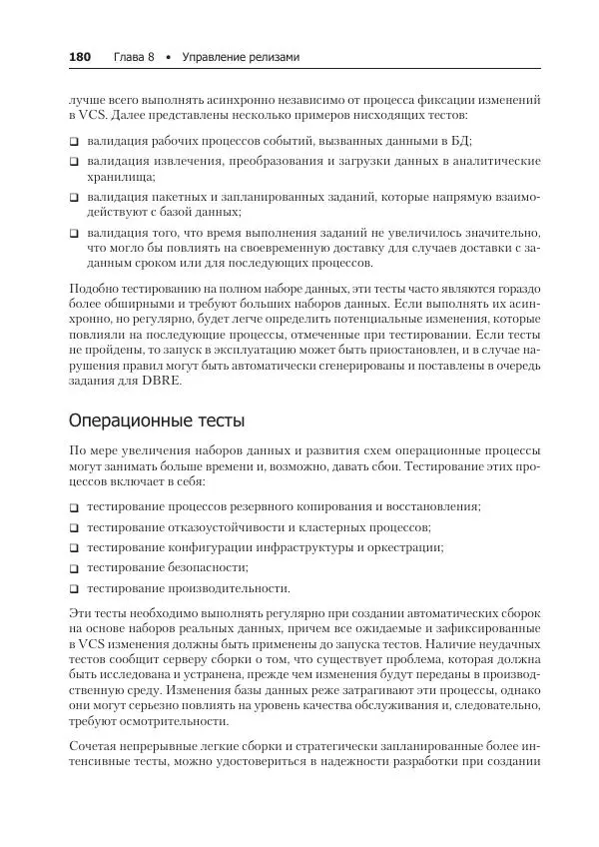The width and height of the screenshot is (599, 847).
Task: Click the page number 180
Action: [x=80, y=57]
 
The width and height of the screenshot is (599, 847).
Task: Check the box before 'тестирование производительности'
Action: [x=75, y=589]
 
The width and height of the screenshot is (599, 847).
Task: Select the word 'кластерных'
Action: [x=342, y=526]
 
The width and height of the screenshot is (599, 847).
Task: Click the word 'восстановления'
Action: [x=433, y=506]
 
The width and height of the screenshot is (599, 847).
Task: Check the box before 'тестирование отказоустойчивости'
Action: [x=75, y=527]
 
